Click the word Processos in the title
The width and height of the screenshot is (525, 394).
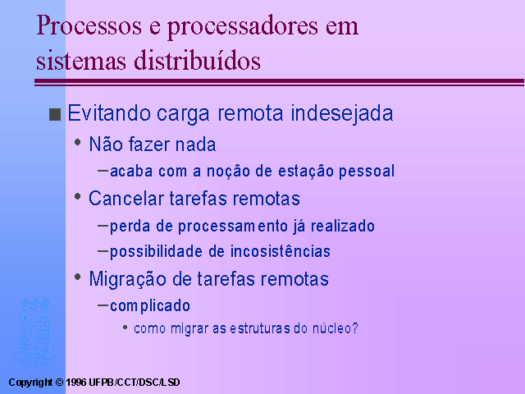pos(89,26)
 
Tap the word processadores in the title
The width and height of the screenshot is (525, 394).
pos(243,26)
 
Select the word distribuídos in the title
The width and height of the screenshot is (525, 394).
pos(197,60)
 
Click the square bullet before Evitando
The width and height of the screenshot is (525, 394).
pos(55,114)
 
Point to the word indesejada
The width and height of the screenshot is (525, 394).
pos(342,113)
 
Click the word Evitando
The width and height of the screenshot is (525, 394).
pos(109,113)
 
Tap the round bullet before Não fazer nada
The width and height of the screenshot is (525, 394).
pos(78,142)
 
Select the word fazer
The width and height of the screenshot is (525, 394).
pos(149,144)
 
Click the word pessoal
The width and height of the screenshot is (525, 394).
pos(367,172)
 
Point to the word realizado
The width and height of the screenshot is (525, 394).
pos(343,227)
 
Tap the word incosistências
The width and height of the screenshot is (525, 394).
pos(270,251)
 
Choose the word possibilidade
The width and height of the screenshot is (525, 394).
pos(156,252)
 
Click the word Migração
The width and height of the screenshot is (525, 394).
pos(127,279)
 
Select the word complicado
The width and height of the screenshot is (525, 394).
pos(150,306)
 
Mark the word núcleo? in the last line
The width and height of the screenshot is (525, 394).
pos(336,328)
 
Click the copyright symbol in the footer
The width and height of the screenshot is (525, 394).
pos(59,383)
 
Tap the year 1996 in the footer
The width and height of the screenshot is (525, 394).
pos(76,383)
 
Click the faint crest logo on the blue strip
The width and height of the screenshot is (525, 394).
pos(34,332)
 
